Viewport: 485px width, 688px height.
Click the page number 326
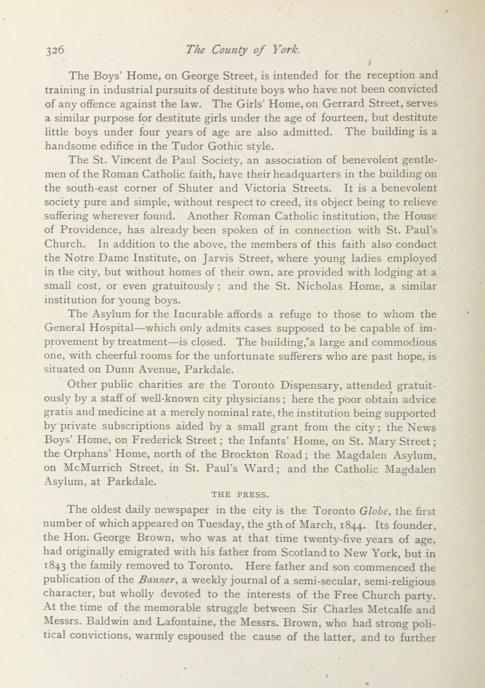pyautogui.click(x=55, y=50)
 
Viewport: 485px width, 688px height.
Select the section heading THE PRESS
pyautogui.click(x=240, y=495)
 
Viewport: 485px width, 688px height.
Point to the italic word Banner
pyautogui.click(x=157, y=581)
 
